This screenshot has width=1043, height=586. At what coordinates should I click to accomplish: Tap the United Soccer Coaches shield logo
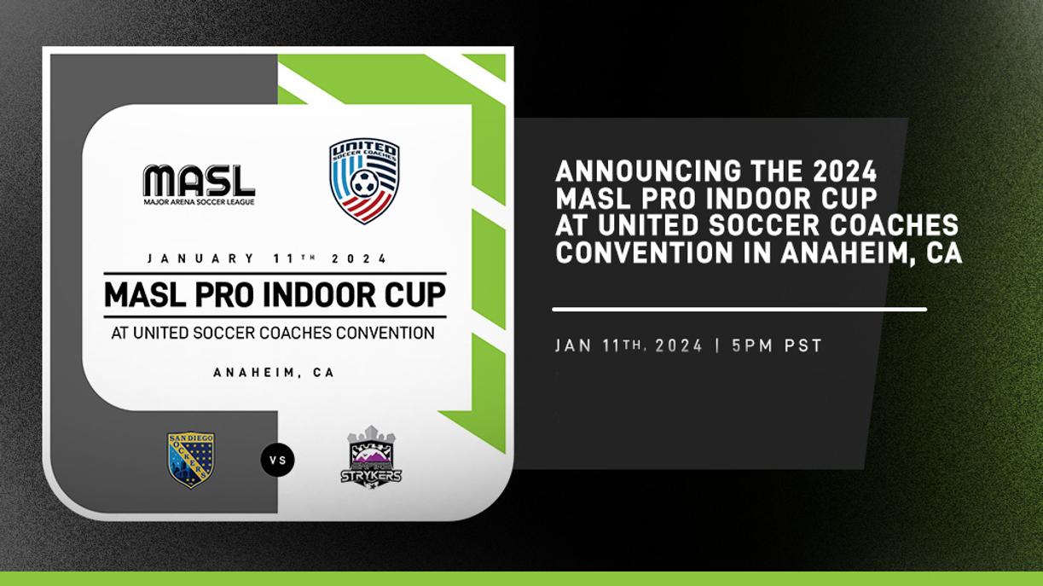(x=364, y=181)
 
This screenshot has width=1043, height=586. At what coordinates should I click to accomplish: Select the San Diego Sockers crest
(x=190, y=460)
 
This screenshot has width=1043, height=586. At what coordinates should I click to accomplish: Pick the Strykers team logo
(x=371, y=458)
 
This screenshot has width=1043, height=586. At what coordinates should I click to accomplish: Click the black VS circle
(x=277, y=460)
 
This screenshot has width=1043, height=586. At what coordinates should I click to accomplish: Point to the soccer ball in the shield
(x=364, y=183)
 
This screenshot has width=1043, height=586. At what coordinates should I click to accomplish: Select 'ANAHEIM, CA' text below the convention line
(x=274, y=373)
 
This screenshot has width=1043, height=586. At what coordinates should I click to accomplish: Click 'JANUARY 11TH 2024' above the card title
(x=267, y=258)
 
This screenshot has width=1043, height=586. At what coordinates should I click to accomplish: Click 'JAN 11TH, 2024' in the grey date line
(x=629, y=345)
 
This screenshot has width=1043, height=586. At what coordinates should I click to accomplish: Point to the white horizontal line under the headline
(x=739, y=309)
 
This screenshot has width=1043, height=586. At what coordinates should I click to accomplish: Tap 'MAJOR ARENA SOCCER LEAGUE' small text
(x=199, y=202)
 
